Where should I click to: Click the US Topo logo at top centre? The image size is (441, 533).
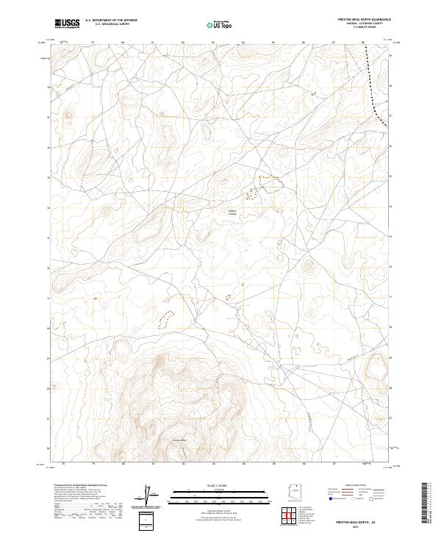(211, 25)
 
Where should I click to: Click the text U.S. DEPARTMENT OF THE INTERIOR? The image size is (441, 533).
(111, 21)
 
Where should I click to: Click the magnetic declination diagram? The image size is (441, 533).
(152, 494)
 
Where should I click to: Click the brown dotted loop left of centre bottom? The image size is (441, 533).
(167, 319)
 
